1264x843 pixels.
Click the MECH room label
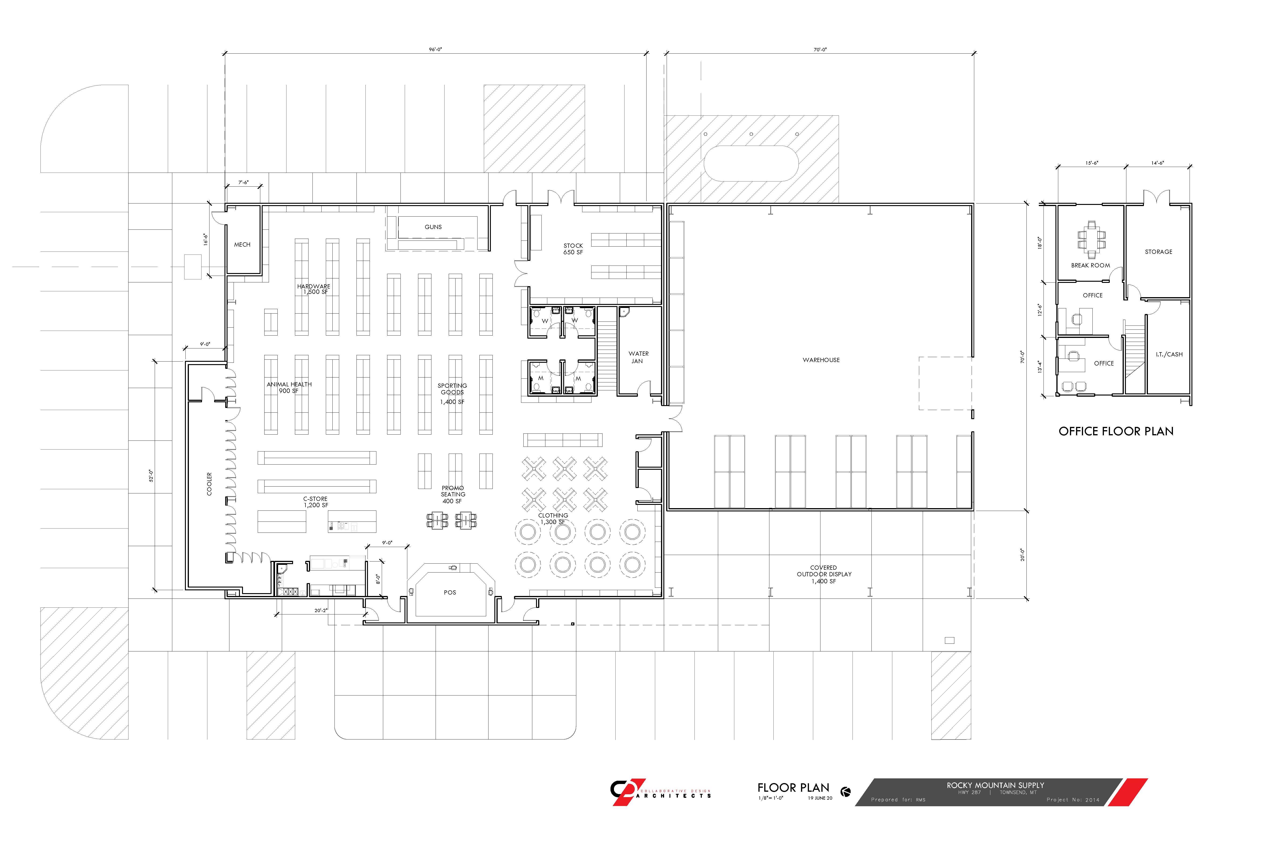[242, 245]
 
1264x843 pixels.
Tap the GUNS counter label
[433, 227]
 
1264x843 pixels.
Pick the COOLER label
[209, 484]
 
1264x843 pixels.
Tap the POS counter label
[450, 592]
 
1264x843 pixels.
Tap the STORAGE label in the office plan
[1159, 251]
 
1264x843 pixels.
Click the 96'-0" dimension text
[435, 49]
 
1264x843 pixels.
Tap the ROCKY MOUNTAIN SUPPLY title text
[995, 785]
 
